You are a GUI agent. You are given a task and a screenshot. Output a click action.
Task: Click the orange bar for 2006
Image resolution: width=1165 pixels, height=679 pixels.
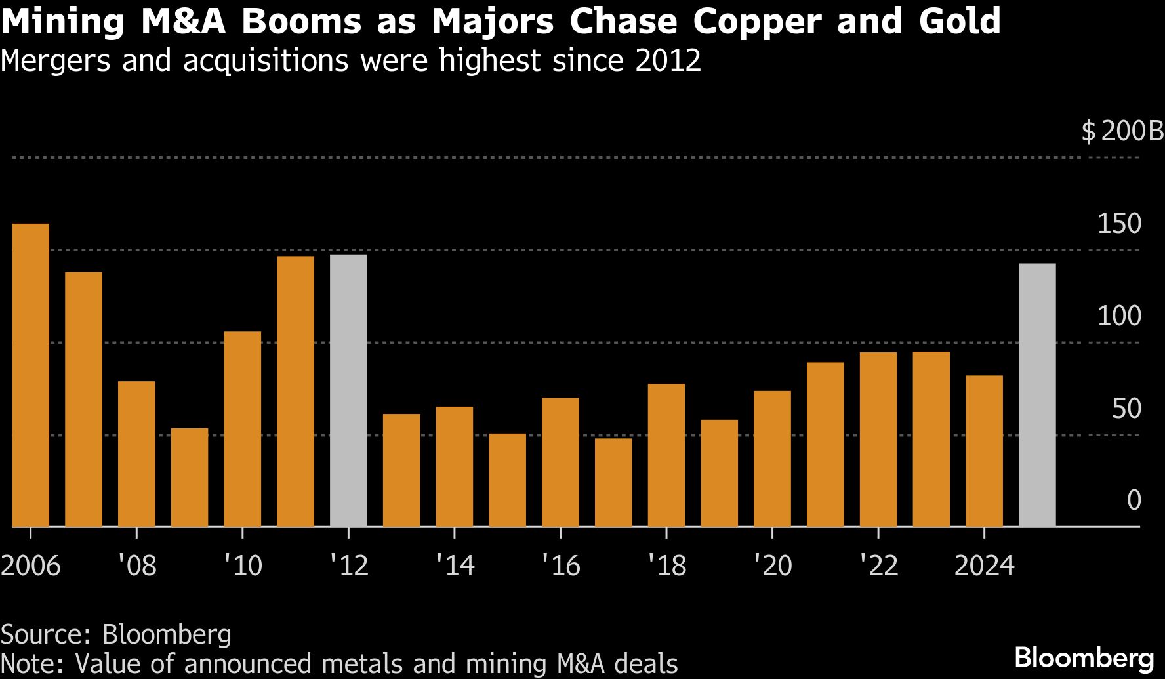pos(31,375)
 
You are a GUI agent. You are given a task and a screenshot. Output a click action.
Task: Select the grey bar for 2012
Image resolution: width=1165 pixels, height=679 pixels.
pos(348,390)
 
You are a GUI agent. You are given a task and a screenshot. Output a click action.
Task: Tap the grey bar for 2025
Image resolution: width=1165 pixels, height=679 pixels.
pos(1037,395)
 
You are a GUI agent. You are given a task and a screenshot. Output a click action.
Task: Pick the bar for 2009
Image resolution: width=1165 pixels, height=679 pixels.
pos(190,478)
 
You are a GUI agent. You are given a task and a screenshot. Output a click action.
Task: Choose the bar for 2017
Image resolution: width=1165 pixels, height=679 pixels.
pos(613,482)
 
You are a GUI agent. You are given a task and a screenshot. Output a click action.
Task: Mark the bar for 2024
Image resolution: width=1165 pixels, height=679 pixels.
pos(984,451)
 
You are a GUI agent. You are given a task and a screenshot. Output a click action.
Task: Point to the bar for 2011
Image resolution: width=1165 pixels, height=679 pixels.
pos(295,391)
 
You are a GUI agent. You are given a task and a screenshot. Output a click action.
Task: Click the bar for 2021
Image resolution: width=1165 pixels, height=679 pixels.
pos(825,444)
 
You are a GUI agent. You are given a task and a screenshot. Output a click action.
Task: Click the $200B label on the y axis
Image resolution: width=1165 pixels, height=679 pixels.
pos(1122,132)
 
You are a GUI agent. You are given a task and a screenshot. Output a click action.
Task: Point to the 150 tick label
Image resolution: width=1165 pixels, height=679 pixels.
pos(1119,224)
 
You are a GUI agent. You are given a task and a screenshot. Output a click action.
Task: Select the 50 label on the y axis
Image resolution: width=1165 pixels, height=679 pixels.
pos(1126,409)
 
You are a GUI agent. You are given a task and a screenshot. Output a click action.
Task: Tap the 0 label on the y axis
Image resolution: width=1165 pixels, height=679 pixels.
pos(1134,501)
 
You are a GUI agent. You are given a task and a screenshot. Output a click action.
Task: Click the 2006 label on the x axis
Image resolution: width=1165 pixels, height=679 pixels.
pos(31,566)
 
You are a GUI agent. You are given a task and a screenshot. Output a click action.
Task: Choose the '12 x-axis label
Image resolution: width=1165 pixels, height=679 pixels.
pos(349,566)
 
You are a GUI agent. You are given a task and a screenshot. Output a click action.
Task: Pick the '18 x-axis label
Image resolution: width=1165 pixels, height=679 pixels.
pos(666,566)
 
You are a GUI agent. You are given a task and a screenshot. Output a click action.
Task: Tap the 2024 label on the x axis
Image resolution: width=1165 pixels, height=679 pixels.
pos(984,566)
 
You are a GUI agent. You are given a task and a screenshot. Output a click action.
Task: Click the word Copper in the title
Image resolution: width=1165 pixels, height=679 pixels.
pos(757,22)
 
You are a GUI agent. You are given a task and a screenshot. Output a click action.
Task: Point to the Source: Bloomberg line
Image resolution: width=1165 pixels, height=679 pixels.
pos(116,634)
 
